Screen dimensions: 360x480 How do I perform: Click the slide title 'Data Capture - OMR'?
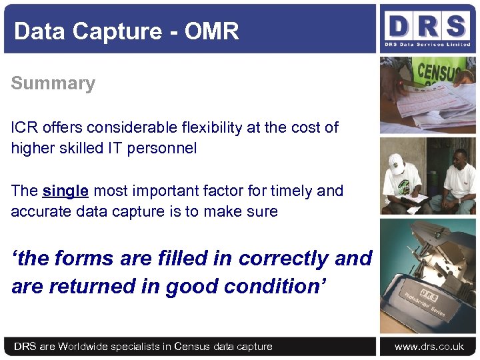pyautogui.click(x=126, y=31)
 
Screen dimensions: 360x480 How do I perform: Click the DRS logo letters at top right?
pyautogui.click(x=427, y=27)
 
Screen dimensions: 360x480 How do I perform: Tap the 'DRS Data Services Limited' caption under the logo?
pyautogui.click(x=427, y=45)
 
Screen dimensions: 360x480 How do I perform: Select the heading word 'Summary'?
pyautogui.click(x=53, y=83)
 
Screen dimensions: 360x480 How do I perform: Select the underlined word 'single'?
pyautogui.click(x=65, y=191)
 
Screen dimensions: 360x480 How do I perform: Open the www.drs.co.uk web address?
pyautogui.click(x=429, y=346)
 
